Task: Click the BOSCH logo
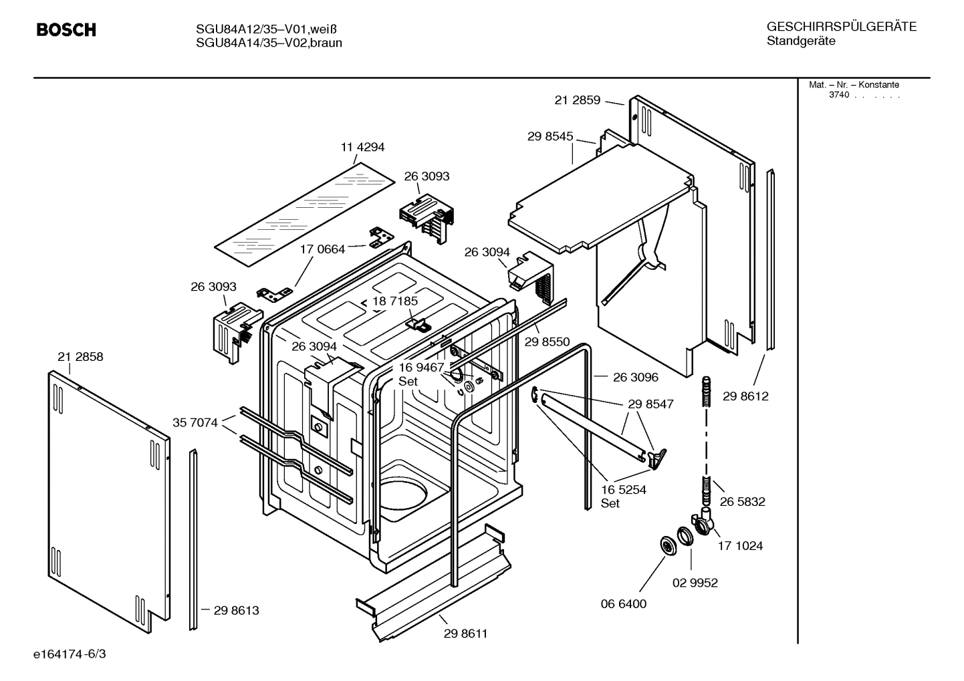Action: [66, 30]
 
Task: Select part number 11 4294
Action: [362, 147]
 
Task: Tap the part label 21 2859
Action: [578, 100]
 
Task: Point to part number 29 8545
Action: [550, 136]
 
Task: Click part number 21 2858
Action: [80, 357]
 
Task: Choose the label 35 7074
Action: [195, 422]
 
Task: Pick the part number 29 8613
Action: [236, 610]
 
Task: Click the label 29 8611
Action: [465, 634]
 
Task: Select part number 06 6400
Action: [624, 603]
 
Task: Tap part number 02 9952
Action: [695, 583]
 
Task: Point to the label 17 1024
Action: [740, 546]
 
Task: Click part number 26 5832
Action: [742, 502]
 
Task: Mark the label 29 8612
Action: [745, 396]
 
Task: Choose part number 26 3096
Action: [635, 378]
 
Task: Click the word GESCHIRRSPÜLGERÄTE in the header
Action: [841, 27]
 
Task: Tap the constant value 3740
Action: [838, 95]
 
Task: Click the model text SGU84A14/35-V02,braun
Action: [269, 43]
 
